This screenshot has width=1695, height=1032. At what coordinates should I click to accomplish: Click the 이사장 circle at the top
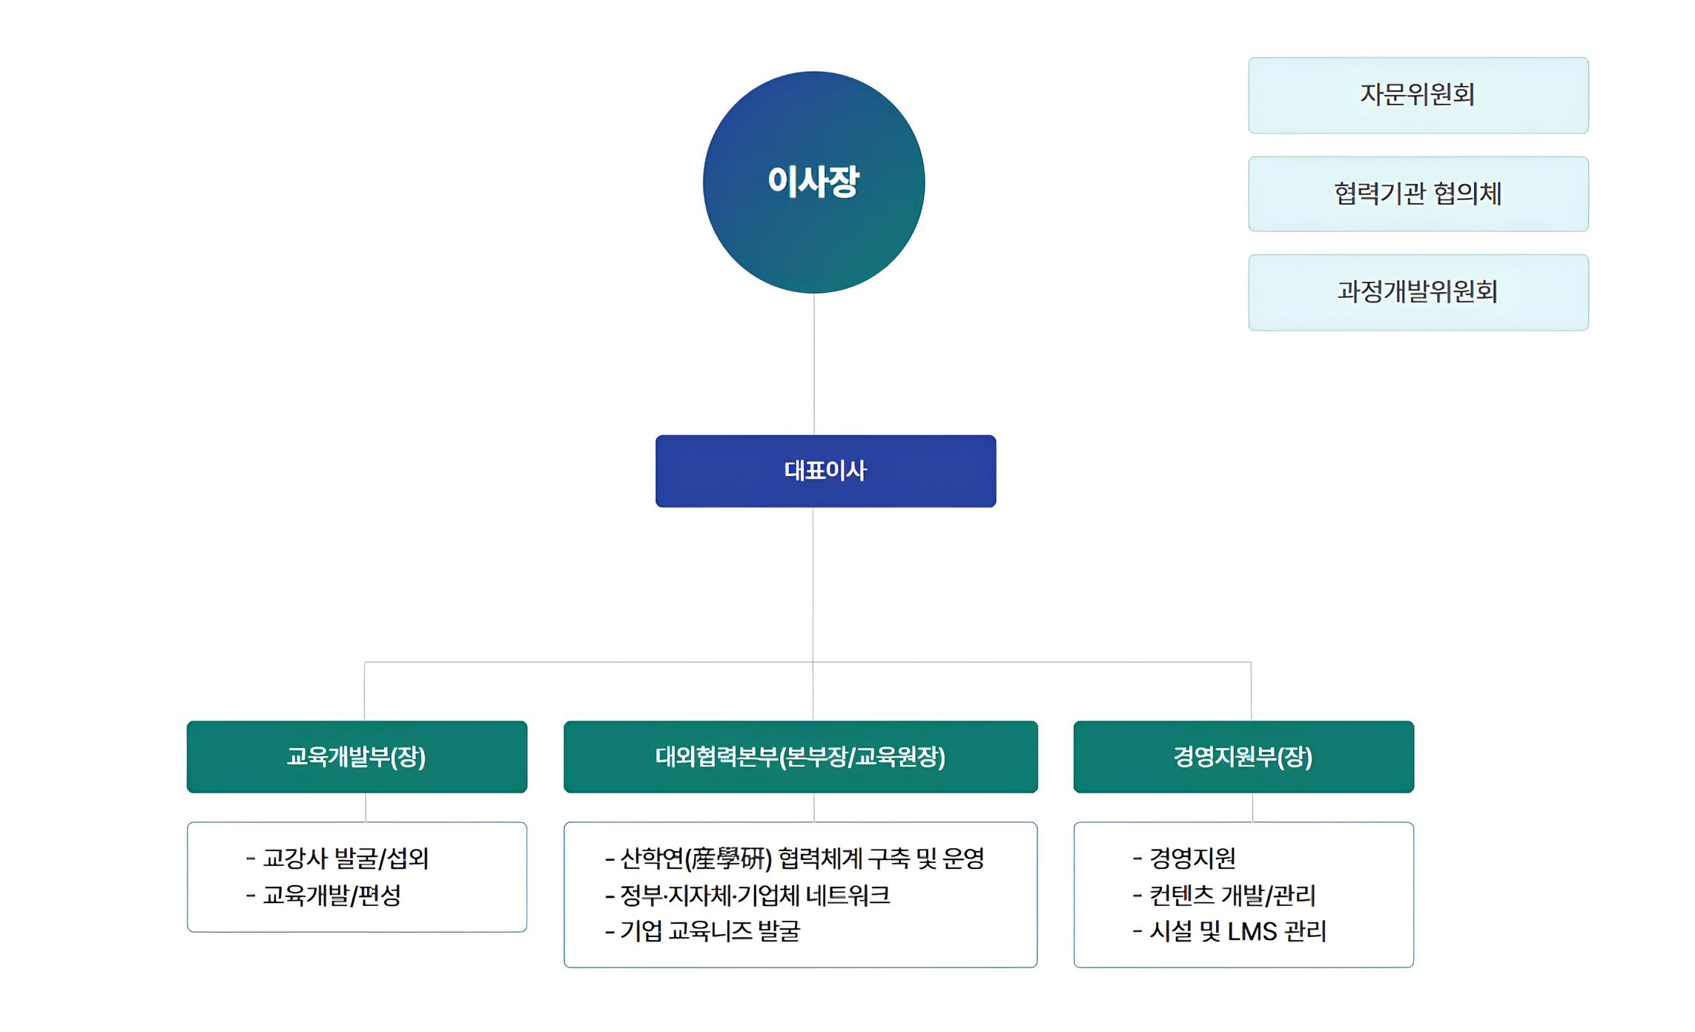pyautogui.click(x=813, y=182)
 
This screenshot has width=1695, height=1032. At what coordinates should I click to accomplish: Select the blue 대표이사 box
pyautogui.click(x=825, y=471)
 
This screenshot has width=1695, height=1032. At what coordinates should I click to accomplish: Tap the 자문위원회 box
pyautogui.click(x=1418, y=95)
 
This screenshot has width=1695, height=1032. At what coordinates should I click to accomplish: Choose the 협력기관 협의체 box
pyautogui.click(x=1418, y=193)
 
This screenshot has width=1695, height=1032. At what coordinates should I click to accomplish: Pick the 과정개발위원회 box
pyautogui.click(x=1418, y=292)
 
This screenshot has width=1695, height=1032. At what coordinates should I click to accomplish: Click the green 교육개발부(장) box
pyautogui.click(x=357, y=756)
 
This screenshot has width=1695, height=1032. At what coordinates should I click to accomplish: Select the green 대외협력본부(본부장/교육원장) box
pyautogui.click(x=800, y=756)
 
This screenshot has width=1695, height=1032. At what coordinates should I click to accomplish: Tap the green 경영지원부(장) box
pyautogui.click(x=1243, y=756)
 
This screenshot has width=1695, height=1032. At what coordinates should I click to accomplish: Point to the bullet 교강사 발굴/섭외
pyautogui.click(x=338, y=859)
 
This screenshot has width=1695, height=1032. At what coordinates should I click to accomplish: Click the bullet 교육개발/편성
pyautogui.click(x=324, y=896)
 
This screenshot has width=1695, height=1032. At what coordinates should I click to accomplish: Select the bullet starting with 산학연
pyautogui.click(x=795, y=859)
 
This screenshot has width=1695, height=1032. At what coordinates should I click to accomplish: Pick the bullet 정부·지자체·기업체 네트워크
pyautogui.click(x=747, y=896)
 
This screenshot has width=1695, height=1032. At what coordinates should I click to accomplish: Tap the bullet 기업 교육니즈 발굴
pyautogui.click(x=703, y=931)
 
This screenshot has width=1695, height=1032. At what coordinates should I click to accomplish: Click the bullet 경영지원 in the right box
pyautogui.click(x=1185, y=859)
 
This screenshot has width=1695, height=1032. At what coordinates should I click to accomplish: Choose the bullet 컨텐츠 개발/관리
pyautogui.click(x=1225, y=896)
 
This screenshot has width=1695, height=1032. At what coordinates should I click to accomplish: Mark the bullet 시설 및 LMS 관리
pyautogui.click(x=1230, y=931)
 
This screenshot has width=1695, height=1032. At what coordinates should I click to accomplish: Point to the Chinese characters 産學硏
pyautogui.click(x=727, y=859)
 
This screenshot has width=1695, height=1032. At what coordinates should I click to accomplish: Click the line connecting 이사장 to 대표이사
pyautogui.click(x=814, y=363)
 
